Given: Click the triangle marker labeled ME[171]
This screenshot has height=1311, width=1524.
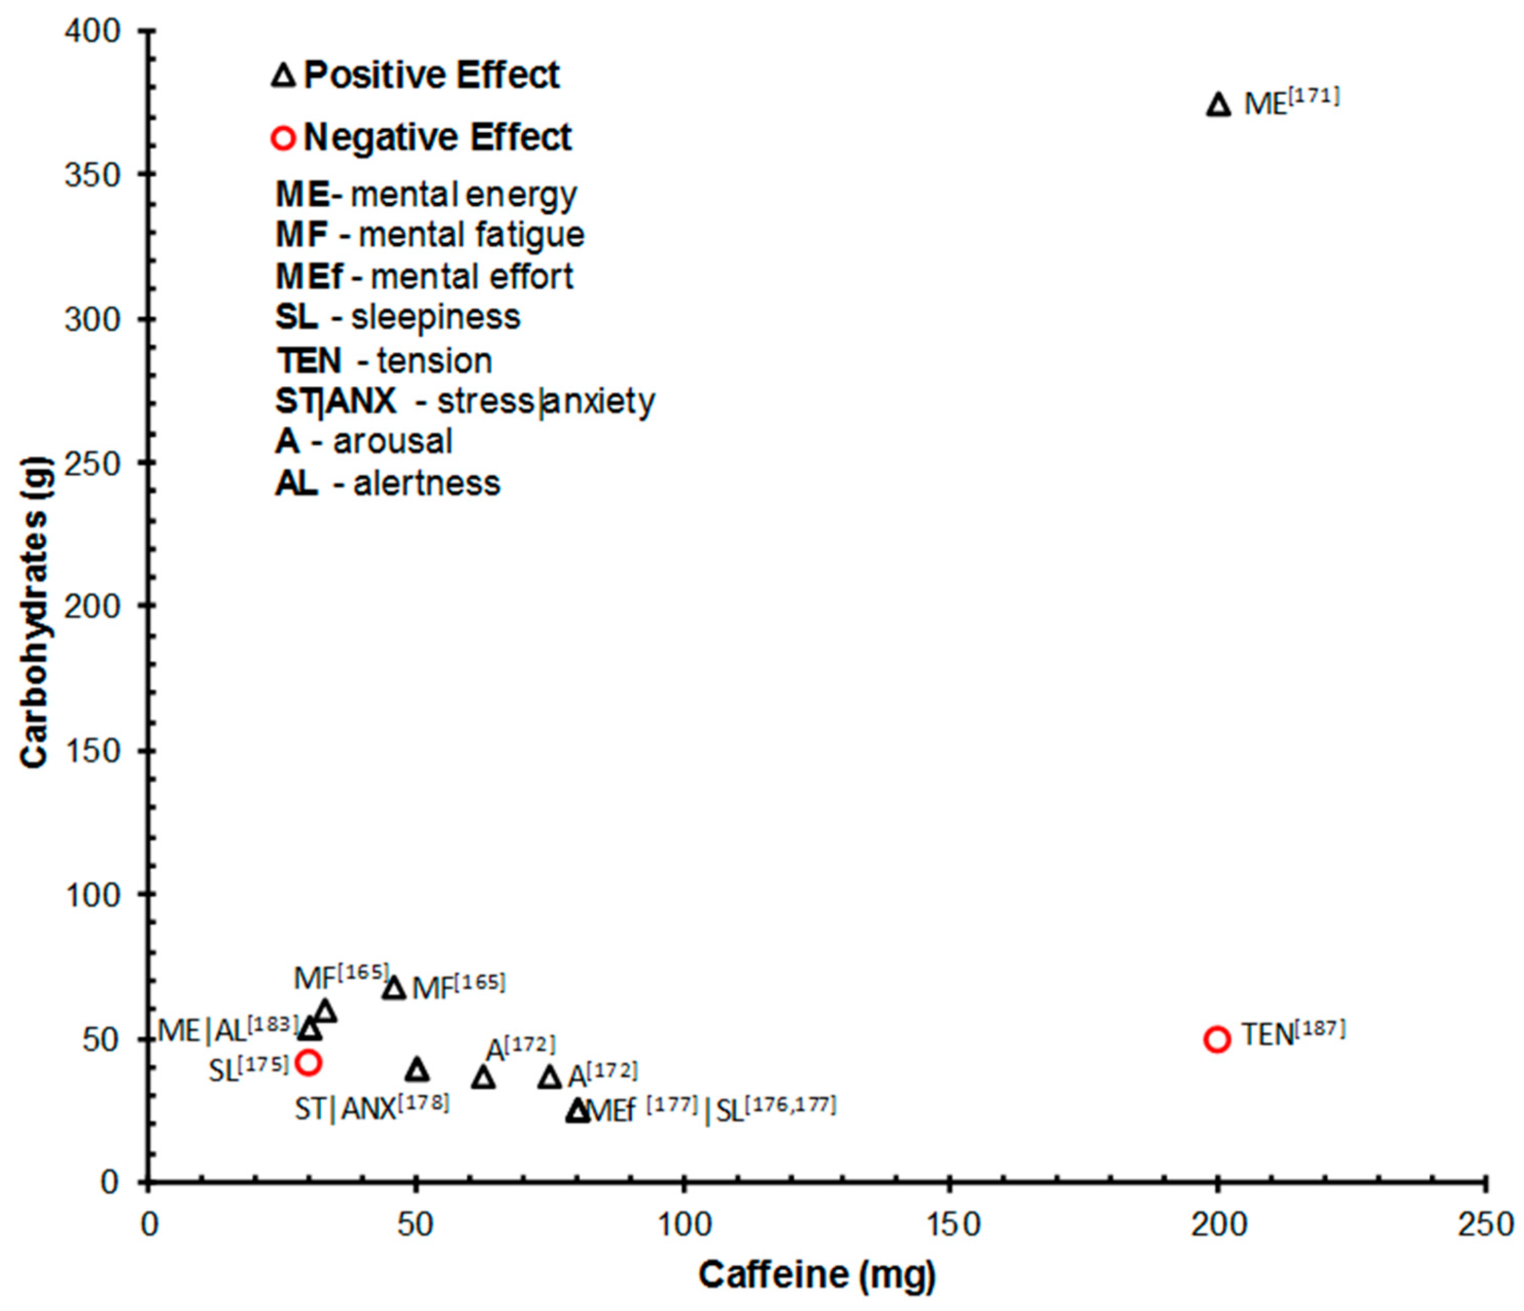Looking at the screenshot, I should (1219, 105).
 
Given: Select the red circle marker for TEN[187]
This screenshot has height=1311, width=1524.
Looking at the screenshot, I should (1217, 1040).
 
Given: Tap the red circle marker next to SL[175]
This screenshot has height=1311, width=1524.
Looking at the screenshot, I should (309, 1062).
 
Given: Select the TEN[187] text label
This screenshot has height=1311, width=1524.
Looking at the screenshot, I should (1292, 1033).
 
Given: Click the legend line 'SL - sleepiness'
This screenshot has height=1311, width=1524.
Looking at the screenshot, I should (397, 317).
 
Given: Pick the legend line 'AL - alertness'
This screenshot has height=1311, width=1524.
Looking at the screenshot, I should (388, 484).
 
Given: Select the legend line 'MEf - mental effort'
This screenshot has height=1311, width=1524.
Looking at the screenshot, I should (424, 277).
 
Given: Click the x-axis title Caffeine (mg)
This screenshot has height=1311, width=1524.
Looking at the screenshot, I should (817, 1275).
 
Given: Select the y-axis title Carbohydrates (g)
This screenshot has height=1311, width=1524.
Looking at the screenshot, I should (34, 613).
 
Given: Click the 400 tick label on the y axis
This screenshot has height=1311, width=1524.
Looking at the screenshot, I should (93, 31).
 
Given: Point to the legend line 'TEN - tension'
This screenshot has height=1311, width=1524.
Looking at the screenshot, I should (384, 360).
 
